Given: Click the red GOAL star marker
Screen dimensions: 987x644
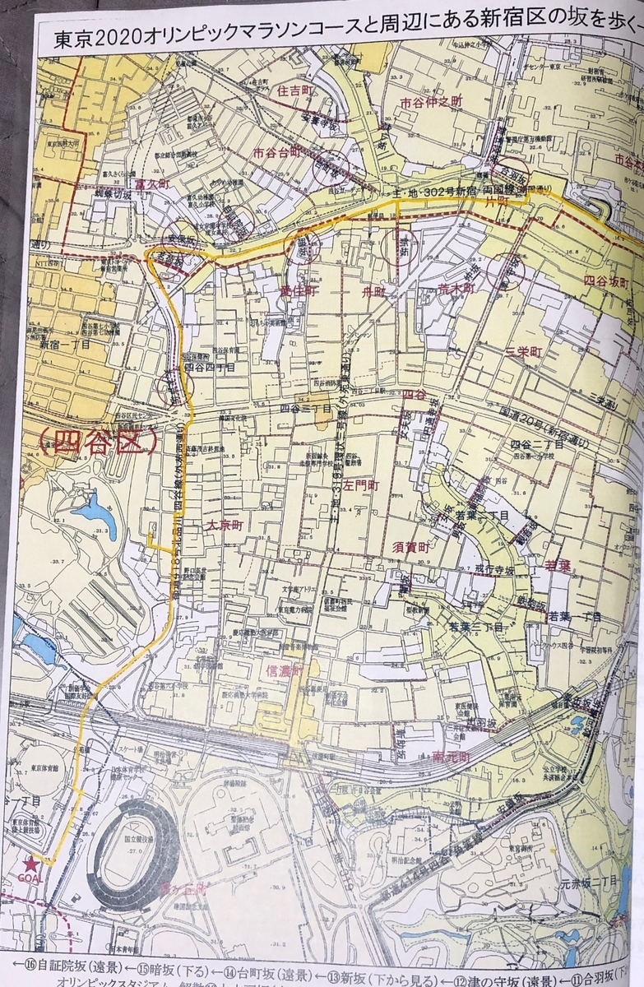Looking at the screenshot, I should coord(31,864).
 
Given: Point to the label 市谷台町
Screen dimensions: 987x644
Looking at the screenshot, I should coord(280,153).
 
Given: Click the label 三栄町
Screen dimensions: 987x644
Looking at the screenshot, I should coord(524,351).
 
